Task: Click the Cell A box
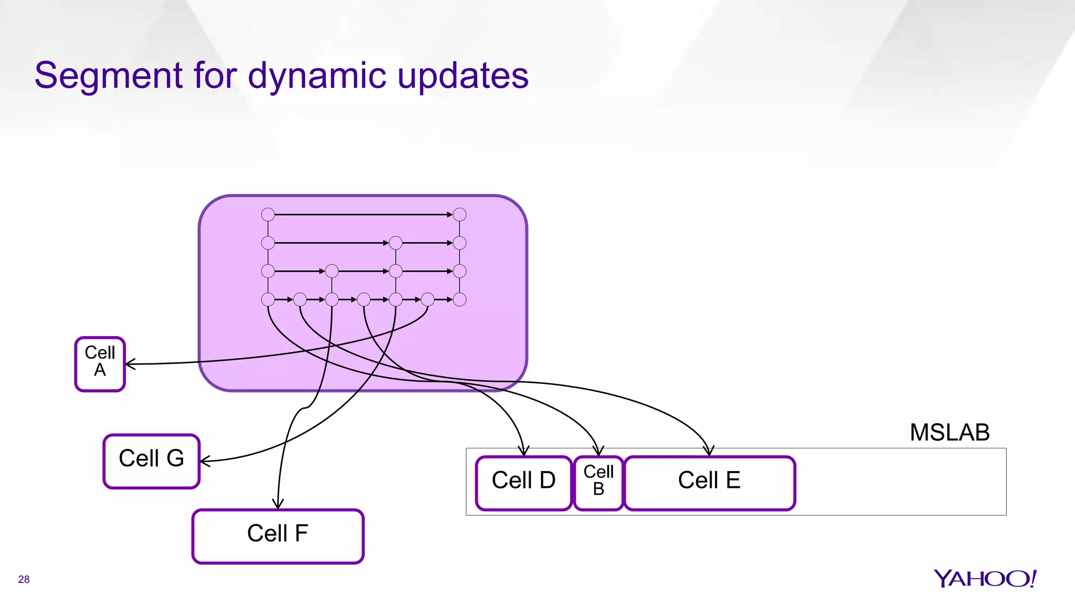point(100,364)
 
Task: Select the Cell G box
point(151,461)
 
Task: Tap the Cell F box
point(278,536)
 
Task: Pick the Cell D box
point(523,483)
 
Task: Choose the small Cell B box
point(598,483)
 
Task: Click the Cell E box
point(709,483)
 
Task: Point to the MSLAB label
point(949,433)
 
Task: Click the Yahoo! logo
point(985,579)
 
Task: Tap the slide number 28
point(24,579)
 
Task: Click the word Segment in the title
point(108,76)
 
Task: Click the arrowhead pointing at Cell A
point(129,363)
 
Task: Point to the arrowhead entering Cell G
point(204,461)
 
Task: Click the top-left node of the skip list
point(268,214)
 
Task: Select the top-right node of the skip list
point(459,214)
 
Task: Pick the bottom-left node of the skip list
point(268,299)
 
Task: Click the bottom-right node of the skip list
point(459,299)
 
